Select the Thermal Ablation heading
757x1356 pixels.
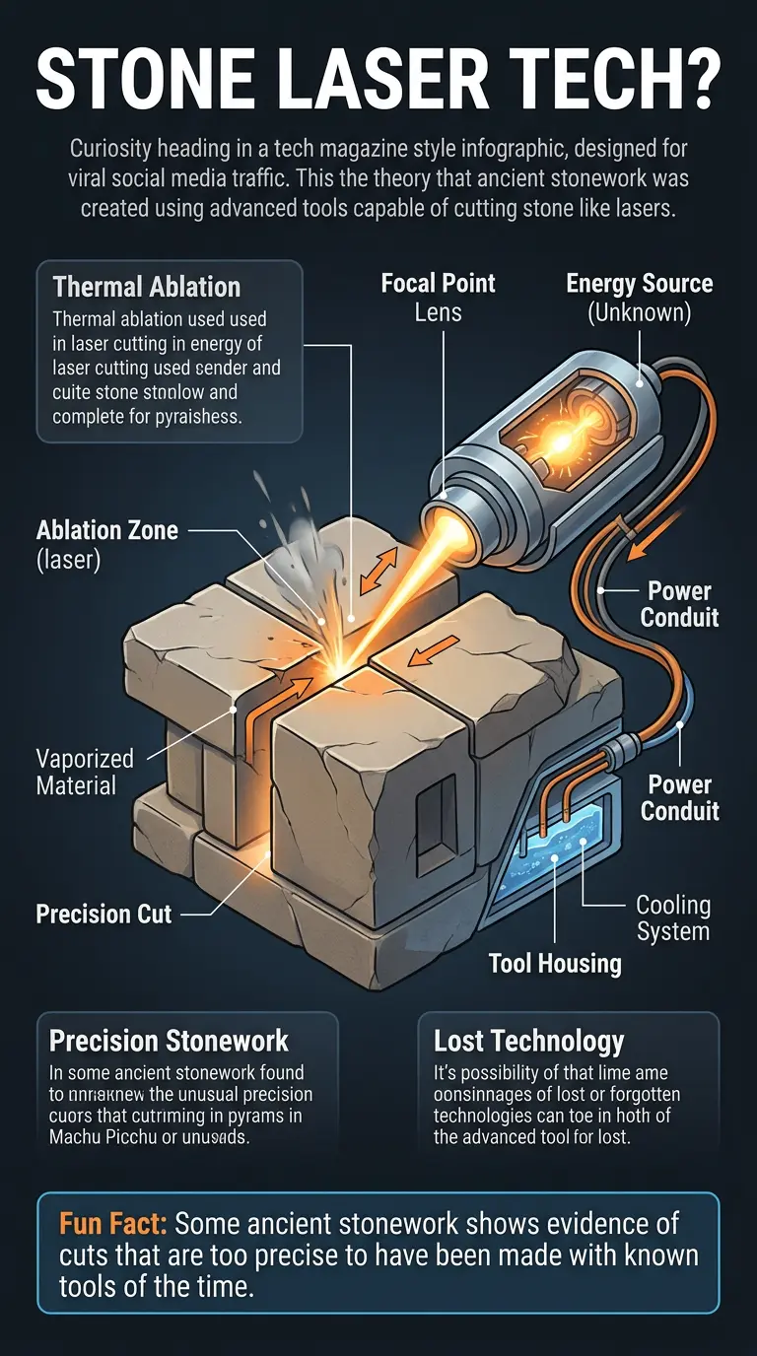pos(147,287)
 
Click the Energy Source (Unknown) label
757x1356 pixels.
pos(639,299)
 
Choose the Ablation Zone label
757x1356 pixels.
pos(107,543)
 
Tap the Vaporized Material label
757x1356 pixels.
pos(84,772)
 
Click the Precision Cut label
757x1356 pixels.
pos(103,914)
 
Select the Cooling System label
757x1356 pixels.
pos(673,917)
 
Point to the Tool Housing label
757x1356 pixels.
pos(555,963)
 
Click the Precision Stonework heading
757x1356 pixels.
pos(169,1041)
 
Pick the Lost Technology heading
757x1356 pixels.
pos(529,1041)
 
